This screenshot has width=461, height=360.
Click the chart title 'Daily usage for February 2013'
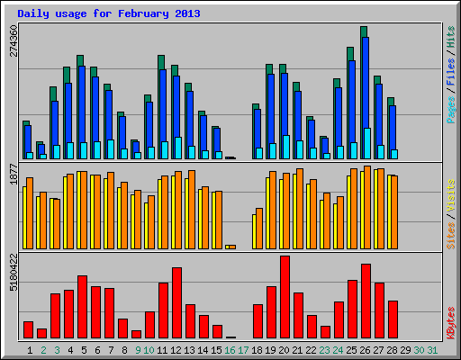click(x=109, y=14)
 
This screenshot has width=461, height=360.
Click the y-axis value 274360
click(x=14, y=40)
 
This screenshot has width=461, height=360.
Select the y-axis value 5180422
click(x=14, y=271)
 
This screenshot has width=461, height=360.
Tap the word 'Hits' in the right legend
click(x=450, y=40)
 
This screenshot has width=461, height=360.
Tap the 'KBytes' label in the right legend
click(x=450, y=320)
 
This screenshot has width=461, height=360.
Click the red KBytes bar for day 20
click(x=285, y=297)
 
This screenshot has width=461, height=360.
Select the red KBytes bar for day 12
click(x=176, y=302)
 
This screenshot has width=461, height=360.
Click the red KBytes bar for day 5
click(x=82, y=306)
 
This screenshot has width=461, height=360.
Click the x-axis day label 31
click(x=433, y=349)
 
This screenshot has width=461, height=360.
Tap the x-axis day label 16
click(x=230, y=349)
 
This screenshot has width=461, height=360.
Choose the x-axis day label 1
click(x=31, y=349)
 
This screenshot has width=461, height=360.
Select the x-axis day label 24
click(x=338, y=349)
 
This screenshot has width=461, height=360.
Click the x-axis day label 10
click(x=149, y=349)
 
